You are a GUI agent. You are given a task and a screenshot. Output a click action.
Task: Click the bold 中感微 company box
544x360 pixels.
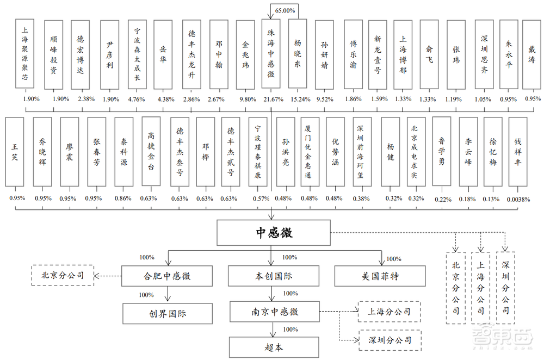click(274, 233)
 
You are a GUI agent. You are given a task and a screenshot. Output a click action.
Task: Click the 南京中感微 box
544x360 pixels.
click(274, 312)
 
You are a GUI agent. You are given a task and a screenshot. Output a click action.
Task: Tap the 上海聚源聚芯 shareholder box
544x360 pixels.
click(25, 53)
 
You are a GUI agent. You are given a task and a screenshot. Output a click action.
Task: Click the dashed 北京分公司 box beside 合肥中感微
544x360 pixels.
click(63, 275)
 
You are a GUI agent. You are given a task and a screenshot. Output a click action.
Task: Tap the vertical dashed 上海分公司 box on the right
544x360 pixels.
click(480, 288)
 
